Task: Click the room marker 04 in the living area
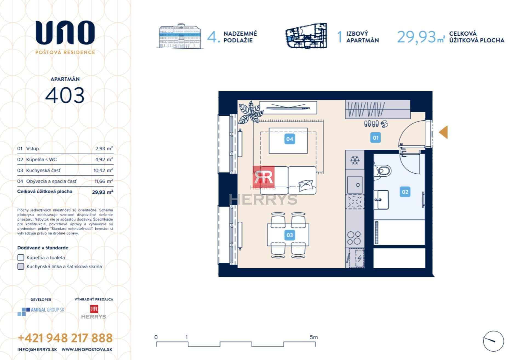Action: [290, 139]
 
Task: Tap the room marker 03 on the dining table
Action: [290, 235]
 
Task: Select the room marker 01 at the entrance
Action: [375, 138]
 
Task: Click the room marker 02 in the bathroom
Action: [405, 192]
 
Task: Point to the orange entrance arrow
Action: [444, 132]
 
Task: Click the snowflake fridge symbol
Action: [355, 160]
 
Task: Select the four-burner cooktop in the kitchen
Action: [354, 238]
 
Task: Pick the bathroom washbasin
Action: [381, 200]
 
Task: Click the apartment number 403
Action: [65, 95]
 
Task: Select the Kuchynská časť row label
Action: [43, 170]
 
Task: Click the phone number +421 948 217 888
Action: [65, 338]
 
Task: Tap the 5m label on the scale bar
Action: [314, 337]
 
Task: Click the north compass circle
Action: [493, 341]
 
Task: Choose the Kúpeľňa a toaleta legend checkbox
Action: [21, 257]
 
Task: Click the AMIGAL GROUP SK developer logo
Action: [41, 311]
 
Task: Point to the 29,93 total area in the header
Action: [416, 37]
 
